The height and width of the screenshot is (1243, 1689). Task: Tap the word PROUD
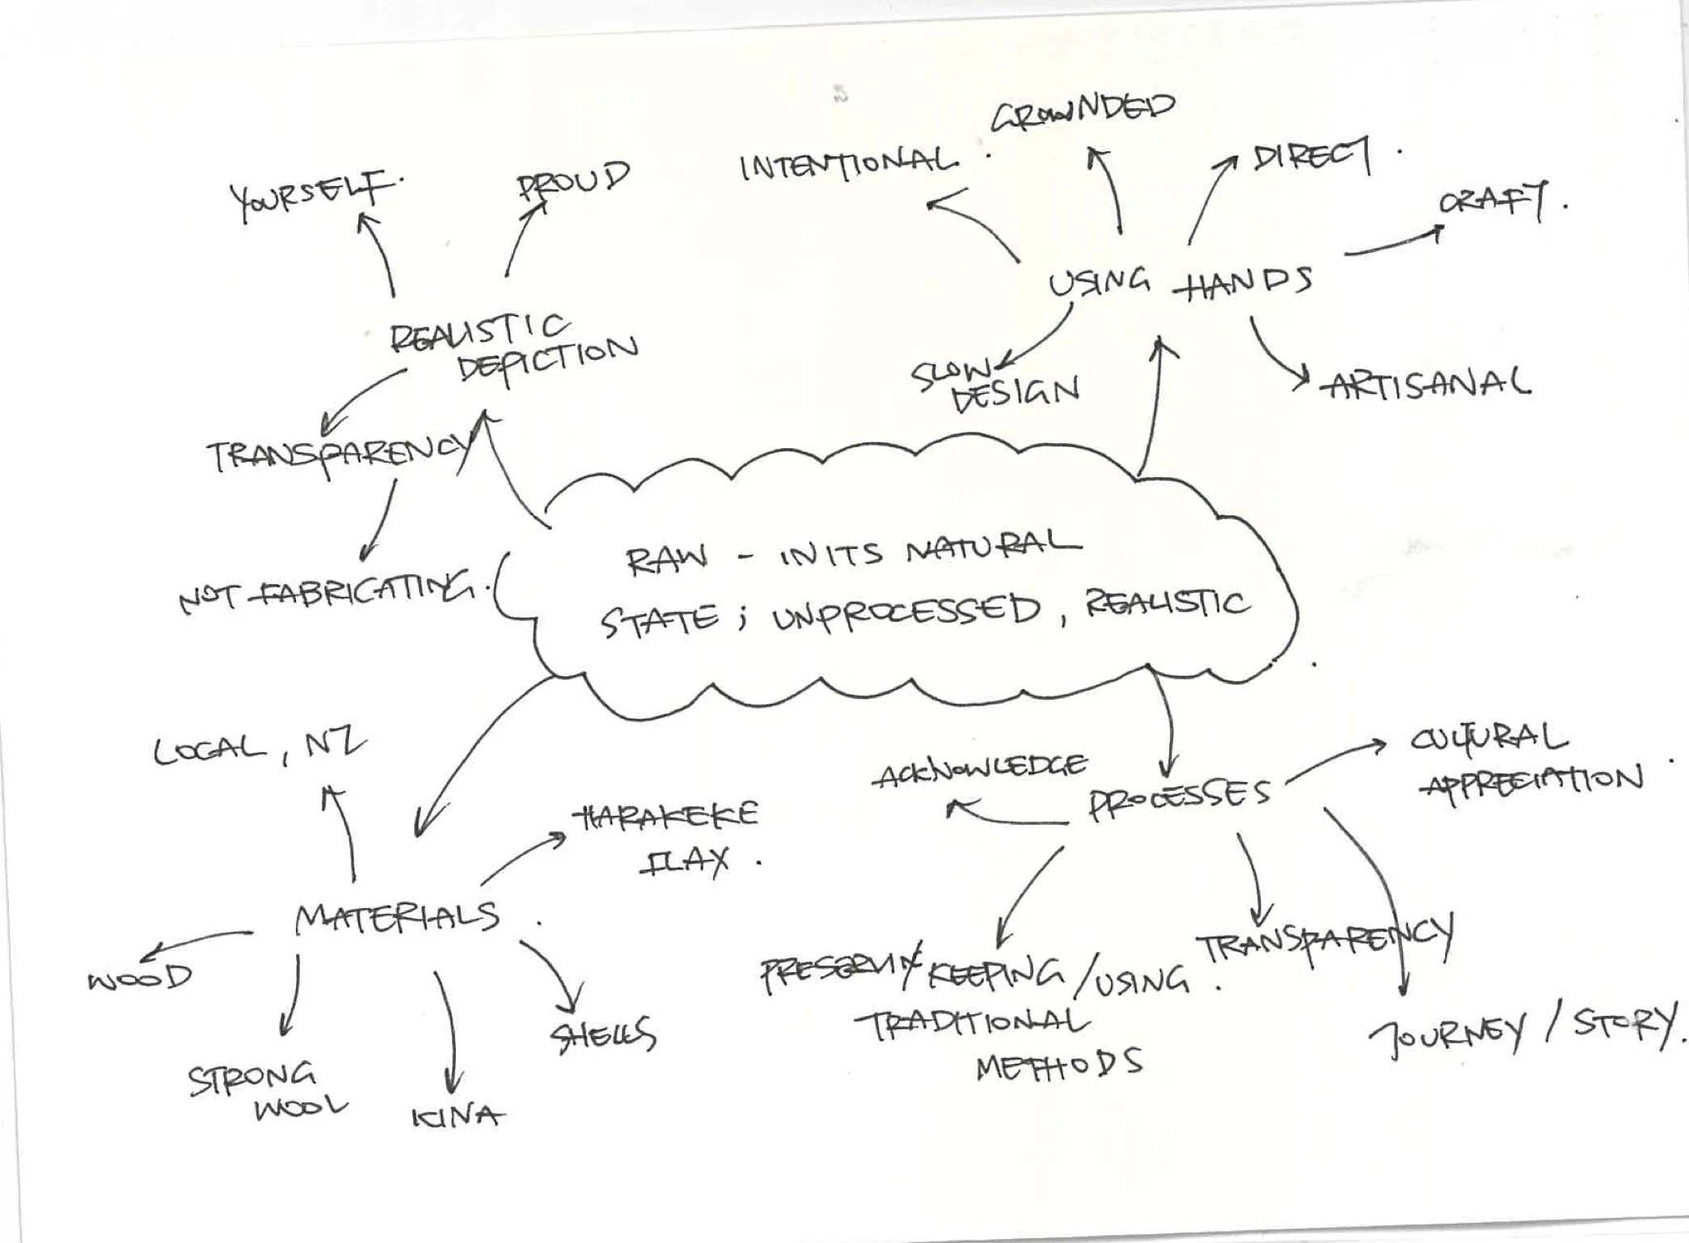(572, 180)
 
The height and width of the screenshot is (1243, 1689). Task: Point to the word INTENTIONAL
(849, 164)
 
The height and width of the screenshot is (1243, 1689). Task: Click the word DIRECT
(1311, 155)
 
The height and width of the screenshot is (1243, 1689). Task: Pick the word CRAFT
(1493, 201)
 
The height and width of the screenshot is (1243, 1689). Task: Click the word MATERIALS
(397, 918)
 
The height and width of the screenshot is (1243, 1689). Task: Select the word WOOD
(140, 978)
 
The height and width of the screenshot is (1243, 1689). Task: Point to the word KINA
(458, 1117)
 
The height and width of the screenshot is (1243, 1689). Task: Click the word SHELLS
(603, 1035)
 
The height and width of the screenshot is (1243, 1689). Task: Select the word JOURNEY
(1448, 1033)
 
